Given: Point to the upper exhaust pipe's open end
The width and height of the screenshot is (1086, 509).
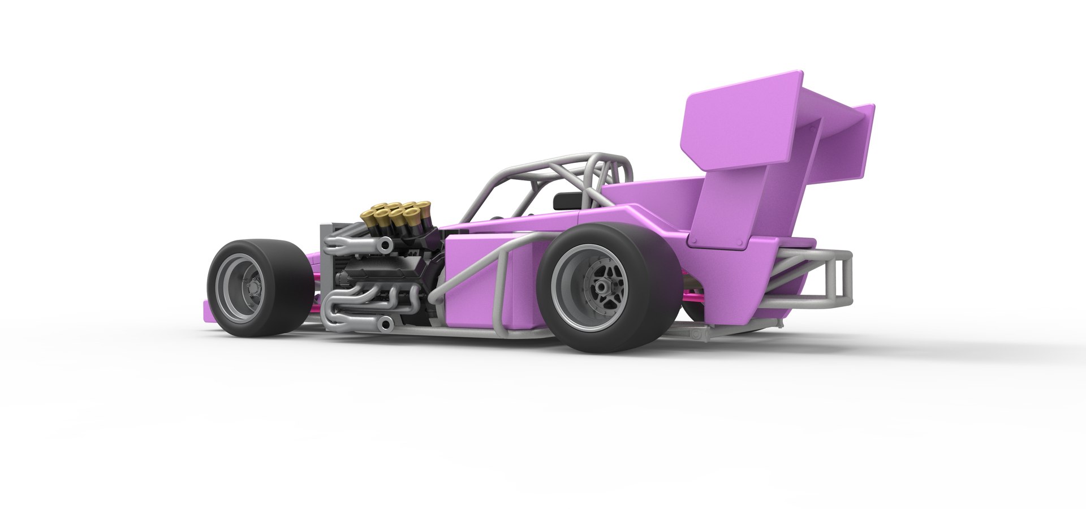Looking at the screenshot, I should coord(387,245).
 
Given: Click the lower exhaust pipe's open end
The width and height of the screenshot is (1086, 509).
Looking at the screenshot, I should coord(386,323).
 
